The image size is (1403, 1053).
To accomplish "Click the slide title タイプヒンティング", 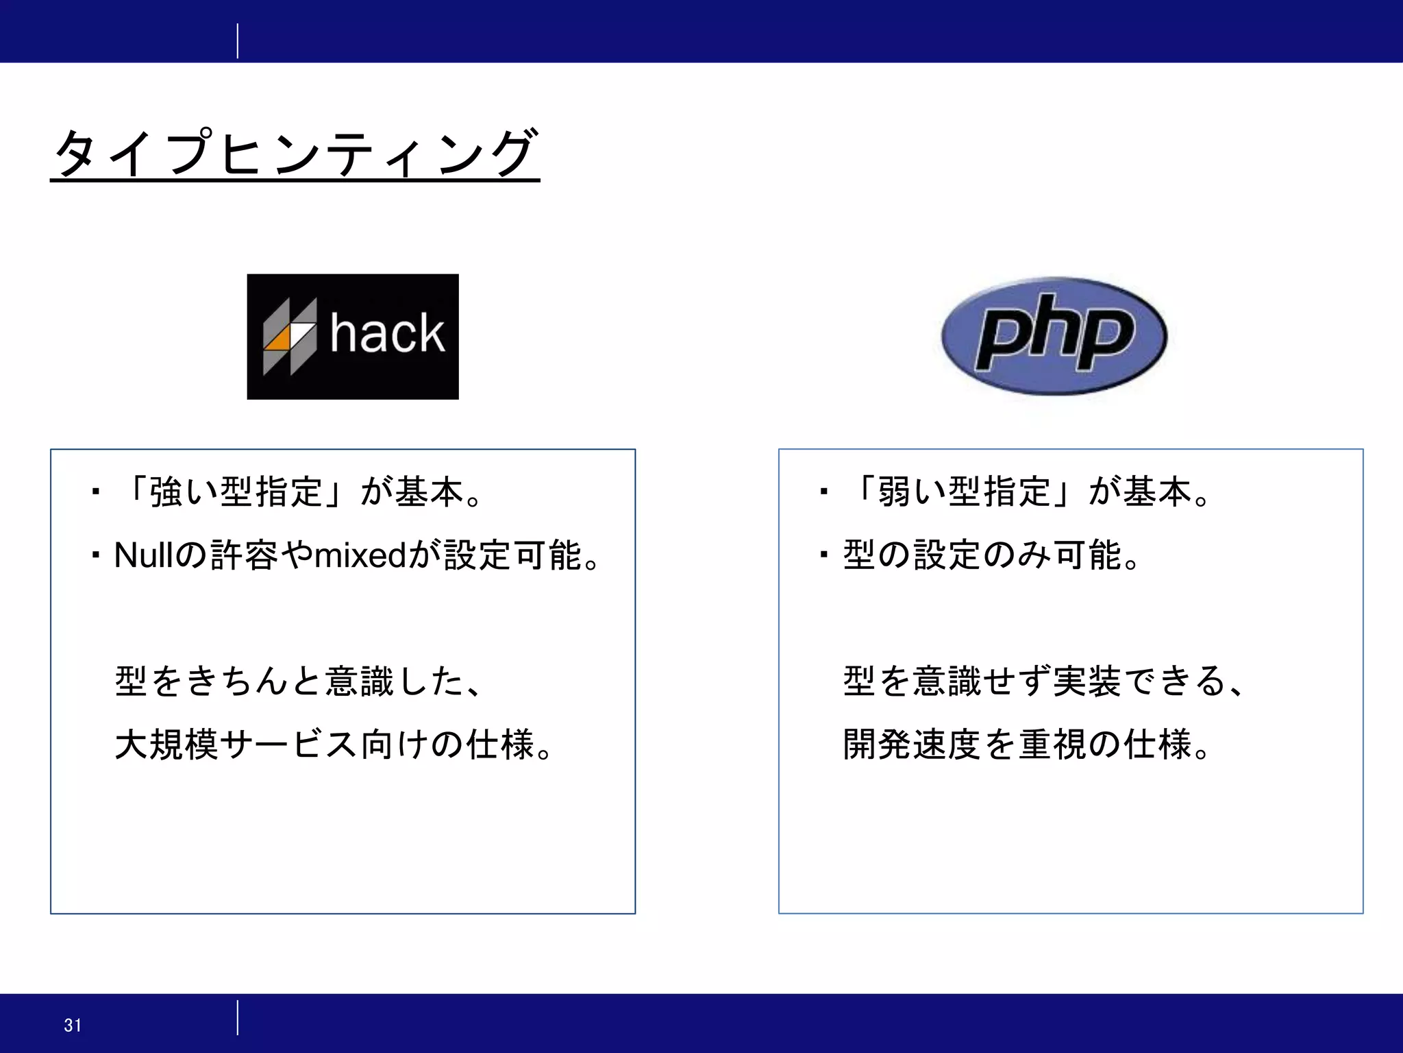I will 295,153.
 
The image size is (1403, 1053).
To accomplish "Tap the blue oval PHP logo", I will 1054,336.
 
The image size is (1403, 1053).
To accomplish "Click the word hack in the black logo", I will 387,334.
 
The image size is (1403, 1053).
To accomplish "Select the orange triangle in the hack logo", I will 278,339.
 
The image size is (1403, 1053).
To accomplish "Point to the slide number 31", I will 73,1025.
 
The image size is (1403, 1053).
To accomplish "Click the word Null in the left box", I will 143,555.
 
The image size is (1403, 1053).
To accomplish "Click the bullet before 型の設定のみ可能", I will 823,555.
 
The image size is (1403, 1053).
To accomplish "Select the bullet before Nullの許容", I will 95,555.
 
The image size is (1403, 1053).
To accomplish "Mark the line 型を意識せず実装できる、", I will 1043,681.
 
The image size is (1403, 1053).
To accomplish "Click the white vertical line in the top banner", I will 238,41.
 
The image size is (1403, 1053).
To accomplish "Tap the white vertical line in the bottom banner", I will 238,1017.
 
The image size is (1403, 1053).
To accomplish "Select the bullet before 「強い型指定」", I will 95,492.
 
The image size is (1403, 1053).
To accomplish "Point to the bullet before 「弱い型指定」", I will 823,492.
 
